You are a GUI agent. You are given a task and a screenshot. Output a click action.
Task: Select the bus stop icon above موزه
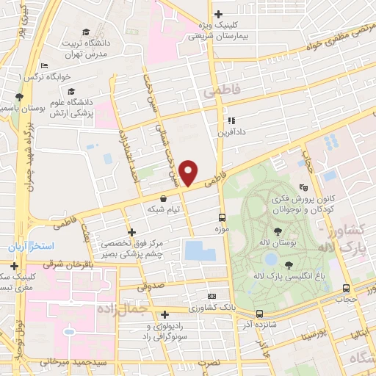(221, 217)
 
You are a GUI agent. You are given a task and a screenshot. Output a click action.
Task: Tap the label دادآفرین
(229, 133)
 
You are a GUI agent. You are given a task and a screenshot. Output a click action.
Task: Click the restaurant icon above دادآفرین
(230, 120)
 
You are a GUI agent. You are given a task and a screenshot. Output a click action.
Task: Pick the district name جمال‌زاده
(136, 311)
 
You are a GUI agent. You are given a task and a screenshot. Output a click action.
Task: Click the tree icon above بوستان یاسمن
(18, 96)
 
